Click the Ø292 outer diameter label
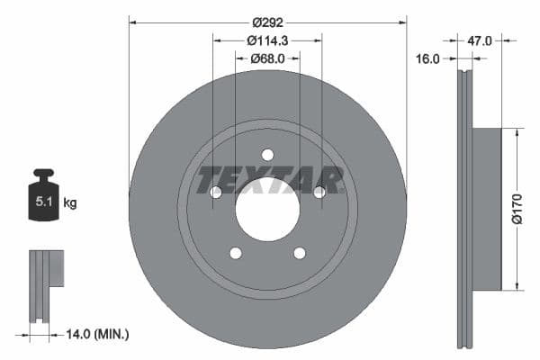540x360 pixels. [267, 21]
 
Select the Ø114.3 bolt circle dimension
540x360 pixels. [267, 40]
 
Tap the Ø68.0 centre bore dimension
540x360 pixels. [267, 58]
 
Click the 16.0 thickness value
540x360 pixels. [428, 58]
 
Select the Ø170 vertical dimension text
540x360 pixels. [517, 209]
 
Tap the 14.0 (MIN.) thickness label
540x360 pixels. [98, 334]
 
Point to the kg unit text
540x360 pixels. [70, 203]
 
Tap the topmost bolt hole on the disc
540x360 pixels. [267, 155]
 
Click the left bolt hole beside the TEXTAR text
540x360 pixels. [215, 192]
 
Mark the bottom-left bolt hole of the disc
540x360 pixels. [235, 253]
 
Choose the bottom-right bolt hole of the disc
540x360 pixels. [300, 253]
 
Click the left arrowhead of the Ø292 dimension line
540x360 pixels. [132, 21]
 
